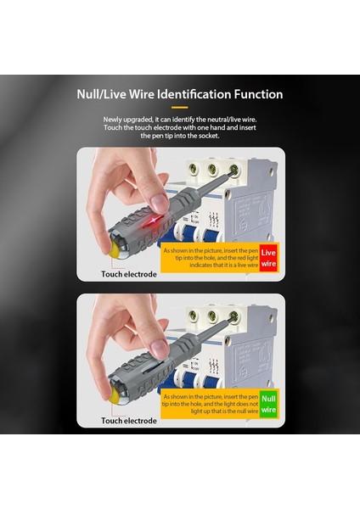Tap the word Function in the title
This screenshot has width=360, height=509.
(258, 94)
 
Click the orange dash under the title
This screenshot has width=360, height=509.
(180, 107)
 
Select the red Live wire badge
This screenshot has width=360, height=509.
(268, 258)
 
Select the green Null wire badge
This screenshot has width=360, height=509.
(268, 404)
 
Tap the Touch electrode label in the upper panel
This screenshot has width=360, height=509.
(129, 274)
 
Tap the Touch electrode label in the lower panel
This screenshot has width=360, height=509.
(129, 421)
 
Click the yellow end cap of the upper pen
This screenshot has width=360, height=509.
(114, 251)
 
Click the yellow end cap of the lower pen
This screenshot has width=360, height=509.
(114, 397)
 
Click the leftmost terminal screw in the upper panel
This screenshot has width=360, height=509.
(193, 168)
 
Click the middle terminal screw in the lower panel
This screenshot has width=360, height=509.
(212, 315)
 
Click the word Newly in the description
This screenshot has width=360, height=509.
(112, 120)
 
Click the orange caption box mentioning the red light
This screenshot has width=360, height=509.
(211, 258)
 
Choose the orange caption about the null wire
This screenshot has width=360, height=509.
(211, 404)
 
